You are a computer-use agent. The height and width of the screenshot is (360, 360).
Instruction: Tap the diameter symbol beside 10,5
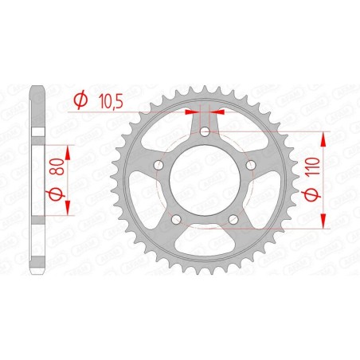(x=80, y=100)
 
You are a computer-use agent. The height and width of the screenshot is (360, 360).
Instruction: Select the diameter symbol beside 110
(x=315, y=198)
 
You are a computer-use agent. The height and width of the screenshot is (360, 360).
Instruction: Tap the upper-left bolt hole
(x=158, y=165)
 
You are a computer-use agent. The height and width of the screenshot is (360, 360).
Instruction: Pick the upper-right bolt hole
(x=252, y=165)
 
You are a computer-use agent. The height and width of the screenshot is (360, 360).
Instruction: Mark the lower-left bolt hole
(x=176, y=220)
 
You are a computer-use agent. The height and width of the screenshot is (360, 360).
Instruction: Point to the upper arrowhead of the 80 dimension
(x=68, y=149)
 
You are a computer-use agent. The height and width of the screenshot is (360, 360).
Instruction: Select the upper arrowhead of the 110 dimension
(x=323, y=136)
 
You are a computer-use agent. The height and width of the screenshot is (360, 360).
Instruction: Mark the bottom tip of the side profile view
(x=35, y=273)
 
